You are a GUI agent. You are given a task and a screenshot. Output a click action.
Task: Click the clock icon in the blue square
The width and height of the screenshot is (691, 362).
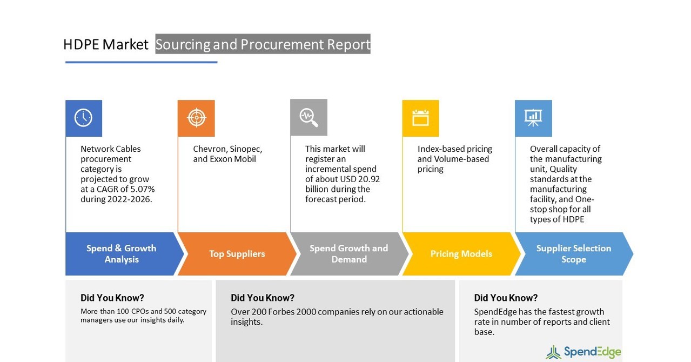[x=83, y=118]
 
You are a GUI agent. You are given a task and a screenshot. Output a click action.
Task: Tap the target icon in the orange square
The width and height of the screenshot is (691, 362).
[x=196, y=118]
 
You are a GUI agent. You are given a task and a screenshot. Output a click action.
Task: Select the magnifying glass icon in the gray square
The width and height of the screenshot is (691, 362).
[x=308, y=117]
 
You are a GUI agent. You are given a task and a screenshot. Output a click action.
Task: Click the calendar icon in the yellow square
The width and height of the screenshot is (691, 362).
[x=420, y=118]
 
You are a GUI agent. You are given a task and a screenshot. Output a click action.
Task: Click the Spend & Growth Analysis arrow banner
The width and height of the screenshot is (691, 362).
[x=122, y=254]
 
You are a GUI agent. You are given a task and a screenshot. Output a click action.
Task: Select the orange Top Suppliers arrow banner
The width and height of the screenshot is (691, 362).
[x=237, y=254]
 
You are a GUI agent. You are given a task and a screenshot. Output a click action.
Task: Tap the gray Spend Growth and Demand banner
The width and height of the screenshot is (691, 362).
[x=348, y=254]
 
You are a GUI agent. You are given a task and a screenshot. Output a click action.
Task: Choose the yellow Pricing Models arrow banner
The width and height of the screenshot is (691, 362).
[x=461, y=254]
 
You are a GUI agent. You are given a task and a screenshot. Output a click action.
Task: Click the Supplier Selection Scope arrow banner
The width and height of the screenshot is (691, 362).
[x=573, y=254]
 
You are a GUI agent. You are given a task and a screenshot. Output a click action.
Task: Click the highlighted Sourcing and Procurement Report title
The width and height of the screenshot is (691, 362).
[x=263, y=44]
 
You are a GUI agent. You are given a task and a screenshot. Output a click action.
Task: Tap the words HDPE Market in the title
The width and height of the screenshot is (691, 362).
[x=105, y=44]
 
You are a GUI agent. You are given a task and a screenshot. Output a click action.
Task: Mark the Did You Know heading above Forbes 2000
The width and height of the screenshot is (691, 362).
[x=263, y=298]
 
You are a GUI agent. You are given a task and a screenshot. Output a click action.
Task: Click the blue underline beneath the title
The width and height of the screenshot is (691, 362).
[x=141, y=62]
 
